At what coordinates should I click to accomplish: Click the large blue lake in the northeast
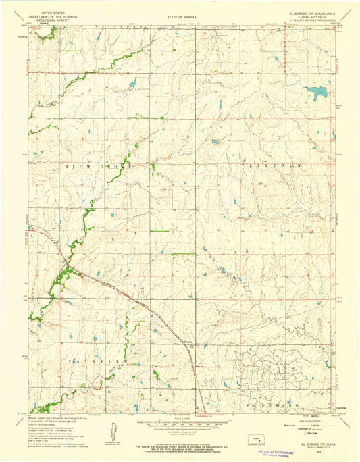pyautogui.click(x=315, y=91)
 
